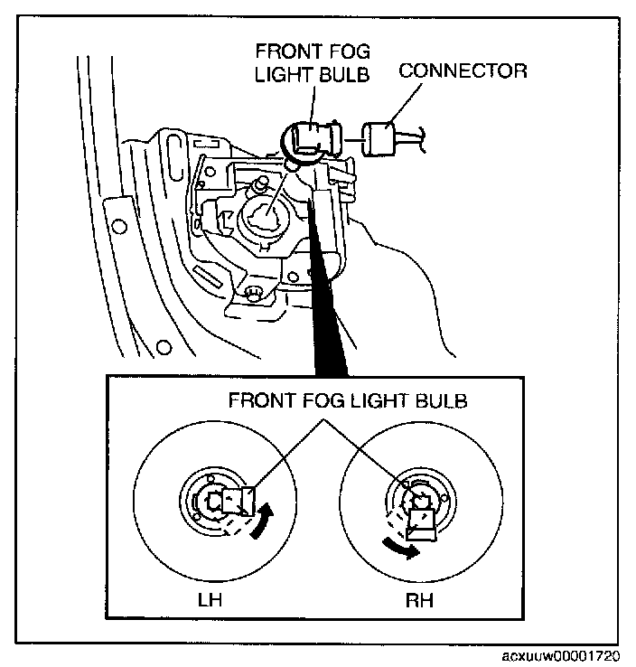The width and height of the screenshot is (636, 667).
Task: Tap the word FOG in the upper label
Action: [351, 52]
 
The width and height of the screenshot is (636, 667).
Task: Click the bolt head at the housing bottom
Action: [254, 291]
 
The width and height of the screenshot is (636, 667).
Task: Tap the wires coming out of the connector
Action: [416, 136]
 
